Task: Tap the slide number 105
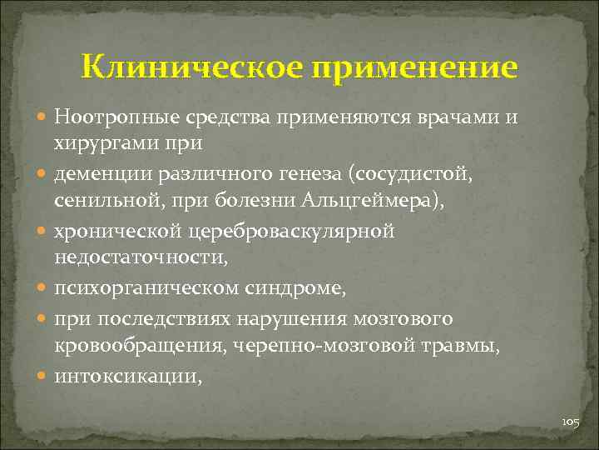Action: coord(570,422)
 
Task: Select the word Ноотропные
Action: coord(112,115)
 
